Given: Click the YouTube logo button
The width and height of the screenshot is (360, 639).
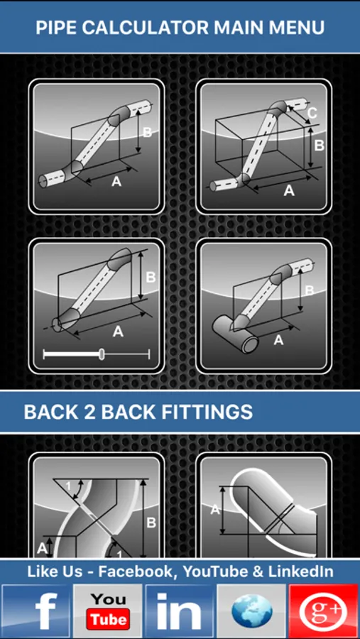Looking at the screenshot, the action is (x=108, y=611).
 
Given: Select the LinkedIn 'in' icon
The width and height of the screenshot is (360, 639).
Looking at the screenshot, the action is (x=180, y=611).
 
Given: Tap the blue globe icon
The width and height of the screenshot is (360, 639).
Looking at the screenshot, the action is (x=251, y=611).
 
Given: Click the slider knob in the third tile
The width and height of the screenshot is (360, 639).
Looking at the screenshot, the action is (x=102, y=354).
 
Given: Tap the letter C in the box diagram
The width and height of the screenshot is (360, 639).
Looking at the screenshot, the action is (x=312, y=113).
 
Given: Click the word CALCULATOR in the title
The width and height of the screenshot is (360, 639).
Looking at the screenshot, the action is (x=146, y=28).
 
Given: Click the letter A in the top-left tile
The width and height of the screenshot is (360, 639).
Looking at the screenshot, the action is (x=116, y=182).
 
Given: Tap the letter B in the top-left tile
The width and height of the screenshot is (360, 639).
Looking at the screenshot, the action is (x=148, y=133).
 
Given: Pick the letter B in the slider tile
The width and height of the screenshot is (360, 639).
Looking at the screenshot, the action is (x=151, y=278).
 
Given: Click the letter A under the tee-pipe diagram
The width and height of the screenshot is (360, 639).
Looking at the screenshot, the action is (x=278, y=340).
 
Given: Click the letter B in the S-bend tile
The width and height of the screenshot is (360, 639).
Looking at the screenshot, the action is (x=151, y=523).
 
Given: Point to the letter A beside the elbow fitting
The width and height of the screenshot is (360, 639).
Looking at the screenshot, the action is (x=215, y=509).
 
